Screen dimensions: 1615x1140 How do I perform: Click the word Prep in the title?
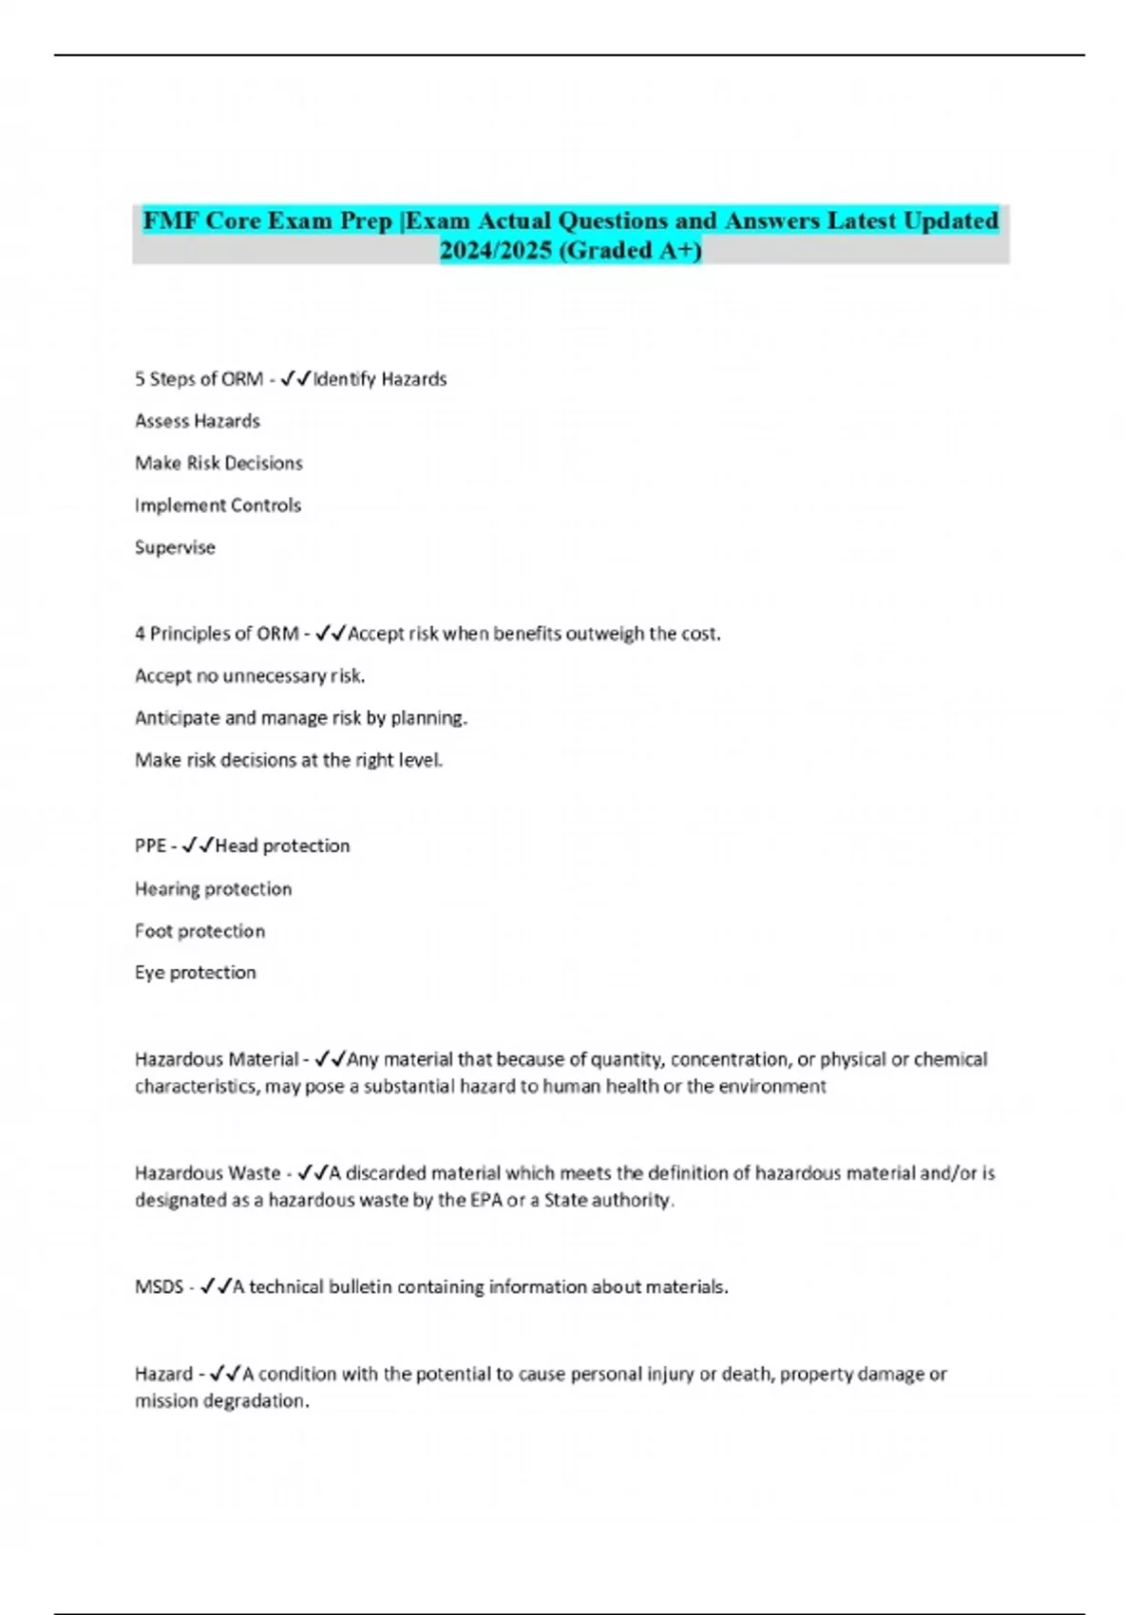tap(366, 221)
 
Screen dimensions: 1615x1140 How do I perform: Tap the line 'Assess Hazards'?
tap(198, 421)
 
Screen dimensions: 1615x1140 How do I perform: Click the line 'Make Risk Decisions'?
tap(218, 463)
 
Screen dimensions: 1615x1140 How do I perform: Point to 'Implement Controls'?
tap(218, 505)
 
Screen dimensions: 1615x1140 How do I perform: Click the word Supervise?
tap(175, 547)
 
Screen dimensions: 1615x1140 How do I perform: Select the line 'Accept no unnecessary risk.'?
tap(250, 675)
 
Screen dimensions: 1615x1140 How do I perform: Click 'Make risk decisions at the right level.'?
tap(289, 760)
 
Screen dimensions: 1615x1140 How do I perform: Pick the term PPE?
tap(150, 845)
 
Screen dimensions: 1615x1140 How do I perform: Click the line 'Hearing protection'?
tap(213, 889)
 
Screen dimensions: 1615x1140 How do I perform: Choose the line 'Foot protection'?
tap(199, 931)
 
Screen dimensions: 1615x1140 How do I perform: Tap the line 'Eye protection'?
tap(195, 973)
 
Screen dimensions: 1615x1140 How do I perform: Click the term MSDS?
tap(159, 1287)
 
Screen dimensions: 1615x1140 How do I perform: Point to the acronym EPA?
tap(485, 1200)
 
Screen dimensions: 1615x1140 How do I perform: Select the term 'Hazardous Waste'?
tap(207, 1173)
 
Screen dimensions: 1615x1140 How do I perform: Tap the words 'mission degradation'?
tap(221, 1401)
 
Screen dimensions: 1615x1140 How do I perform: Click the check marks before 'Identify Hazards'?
tap(296, 379)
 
